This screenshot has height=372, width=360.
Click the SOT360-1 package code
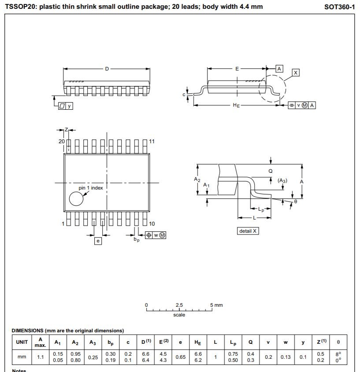(x=339, y=7)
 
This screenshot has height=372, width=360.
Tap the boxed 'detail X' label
(x=248, y=231)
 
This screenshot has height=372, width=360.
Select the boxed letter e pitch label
(x=98, y=241)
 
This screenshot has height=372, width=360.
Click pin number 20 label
(x=61, y=141)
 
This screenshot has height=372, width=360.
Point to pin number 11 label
(x=152, y=141)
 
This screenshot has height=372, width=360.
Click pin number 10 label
(x=152, y=224)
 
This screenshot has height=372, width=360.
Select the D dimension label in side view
(x=107, y=69)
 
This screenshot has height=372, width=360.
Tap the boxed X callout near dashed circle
(x=296, y=73)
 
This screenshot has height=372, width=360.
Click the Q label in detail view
(x=271, y=171)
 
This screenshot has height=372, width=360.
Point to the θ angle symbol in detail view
(x=296, y=201)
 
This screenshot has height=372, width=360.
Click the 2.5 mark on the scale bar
(x=179, y=305)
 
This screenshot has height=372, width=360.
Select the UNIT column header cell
(x=22, y=342)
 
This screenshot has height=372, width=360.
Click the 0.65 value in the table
(x=181, y=357)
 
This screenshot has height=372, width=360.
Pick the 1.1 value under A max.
(x=40, y=357)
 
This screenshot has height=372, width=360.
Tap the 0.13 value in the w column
(x=286, y=357)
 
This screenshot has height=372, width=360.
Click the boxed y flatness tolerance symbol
(x=66, y=106)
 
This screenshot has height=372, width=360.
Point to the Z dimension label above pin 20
(x=67, y=130)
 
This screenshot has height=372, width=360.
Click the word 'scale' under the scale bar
(x=179, y=315)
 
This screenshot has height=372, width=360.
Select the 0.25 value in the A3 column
(x=93, y=357)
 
